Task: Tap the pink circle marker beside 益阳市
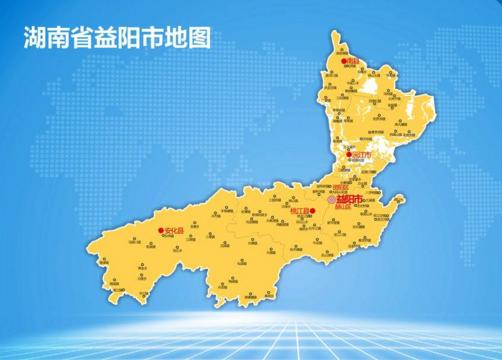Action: coord(333,200)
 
